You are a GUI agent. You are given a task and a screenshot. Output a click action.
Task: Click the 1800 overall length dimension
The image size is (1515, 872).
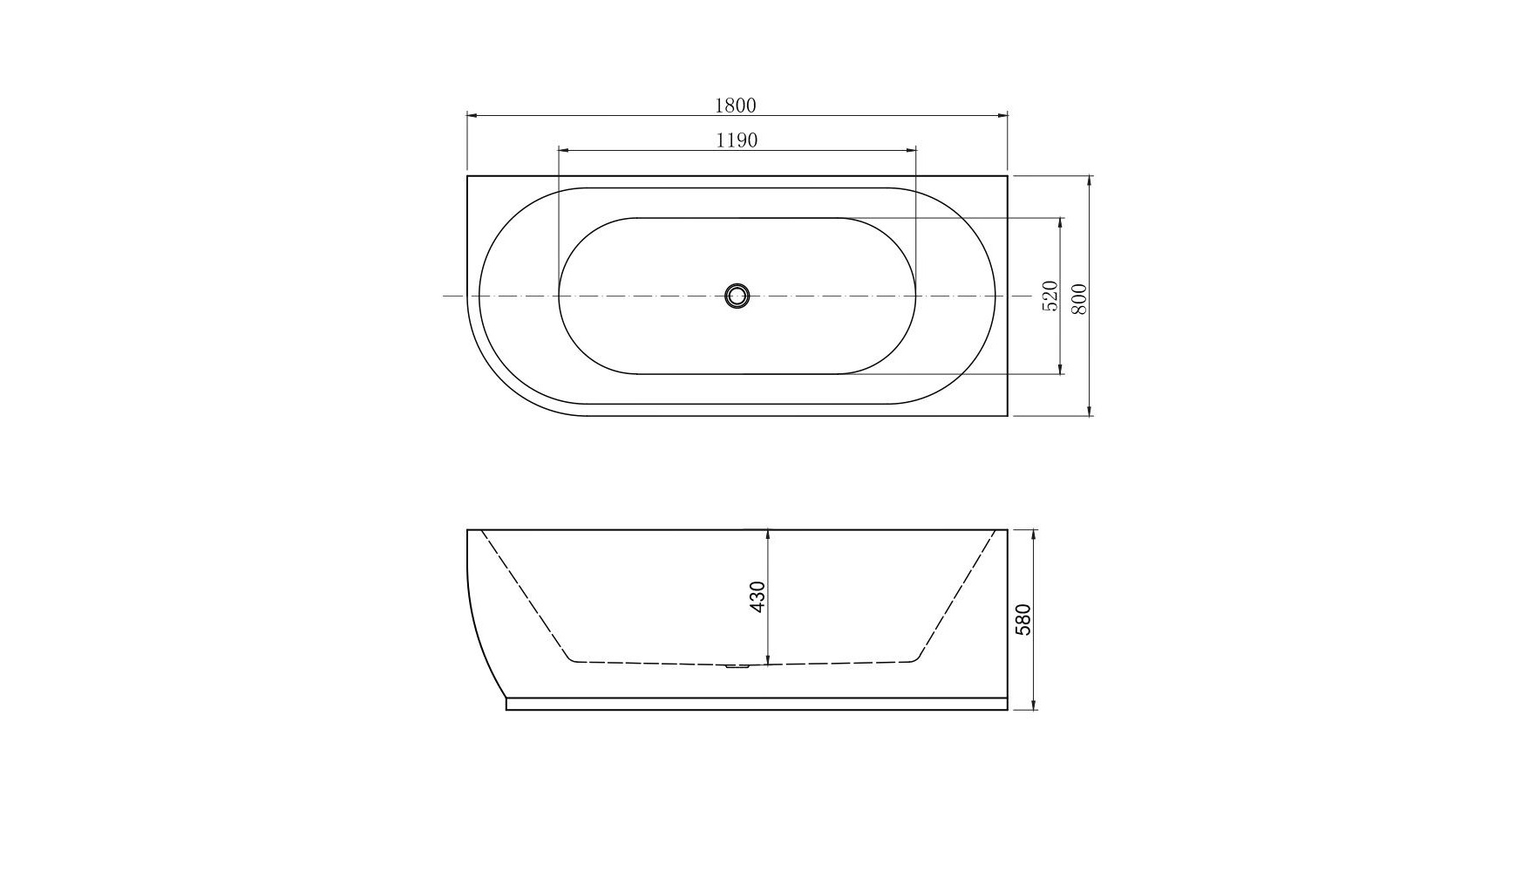point(736,106)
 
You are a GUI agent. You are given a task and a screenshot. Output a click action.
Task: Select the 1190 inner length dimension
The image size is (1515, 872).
point(737,140)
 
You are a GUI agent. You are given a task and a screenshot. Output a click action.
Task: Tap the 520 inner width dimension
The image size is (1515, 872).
point(1050,296)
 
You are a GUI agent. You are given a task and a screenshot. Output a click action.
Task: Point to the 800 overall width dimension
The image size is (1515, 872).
point(1079,299)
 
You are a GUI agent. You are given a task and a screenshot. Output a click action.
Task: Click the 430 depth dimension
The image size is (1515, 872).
point(757,596)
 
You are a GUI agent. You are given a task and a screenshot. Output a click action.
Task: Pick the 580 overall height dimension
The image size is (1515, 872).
point(1023,619)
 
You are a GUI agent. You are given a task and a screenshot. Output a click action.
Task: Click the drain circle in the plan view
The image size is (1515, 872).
point(737,296)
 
